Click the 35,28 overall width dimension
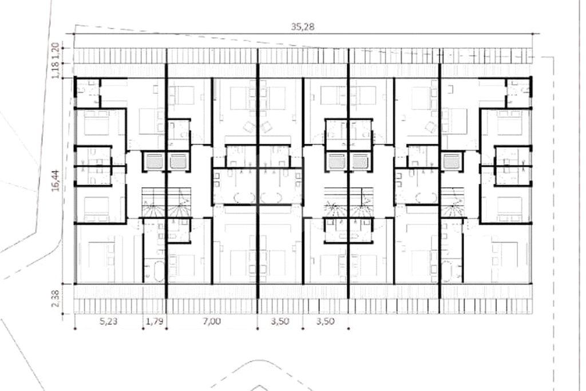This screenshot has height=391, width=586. [x=302, y=27]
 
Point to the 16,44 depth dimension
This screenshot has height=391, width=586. [x=56, y=180]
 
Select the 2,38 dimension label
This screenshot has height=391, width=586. [x=56, y=299]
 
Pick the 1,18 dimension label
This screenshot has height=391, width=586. [x=56, y=70]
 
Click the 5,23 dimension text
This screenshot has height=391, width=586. [x=109, y=321]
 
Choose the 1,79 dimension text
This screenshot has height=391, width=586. [x=155, y=321]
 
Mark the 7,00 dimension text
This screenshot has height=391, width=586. [x=212, y=321]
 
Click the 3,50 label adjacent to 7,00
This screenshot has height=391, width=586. [x=280, y=321]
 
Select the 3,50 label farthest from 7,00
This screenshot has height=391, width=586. [x=326, y=321]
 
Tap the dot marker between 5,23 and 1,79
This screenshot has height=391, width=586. [x=143, y=329]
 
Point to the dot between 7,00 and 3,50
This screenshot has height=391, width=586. [x=258, y=329]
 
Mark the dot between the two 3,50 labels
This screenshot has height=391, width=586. [x=303, y=329]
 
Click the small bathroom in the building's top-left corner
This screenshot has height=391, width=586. [x=89, y=92]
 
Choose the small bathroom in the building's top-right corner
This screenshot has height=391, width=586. [x=518, y=92]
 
